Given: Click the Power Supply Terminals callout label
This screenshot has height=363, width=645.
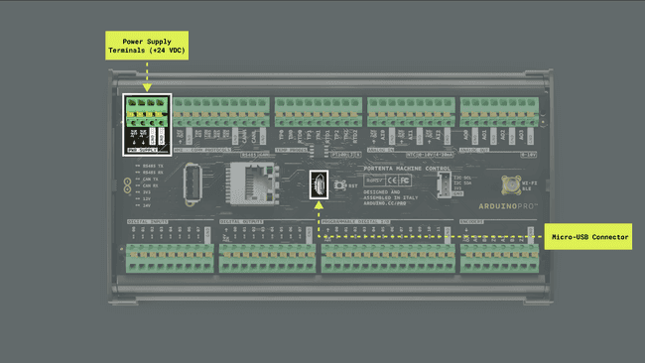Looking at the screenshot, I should [x=147, y=44].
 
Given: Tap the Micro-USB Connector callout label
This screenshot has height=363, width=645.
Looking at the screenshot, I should [x=589, y=237].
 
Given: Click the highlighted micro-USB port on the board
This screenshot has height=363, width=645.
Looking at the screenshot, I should [x=320, y=184].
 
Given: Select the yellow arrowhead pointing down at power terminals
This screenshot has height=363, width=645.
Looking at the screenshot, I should [x=147, y=87].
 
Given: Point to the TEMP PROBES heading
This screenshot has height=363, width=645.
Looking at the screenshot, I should [x=295, y=150].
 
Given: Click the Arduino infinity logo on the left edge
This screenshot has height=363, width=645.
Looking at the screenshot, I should [x=127, y=185].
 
